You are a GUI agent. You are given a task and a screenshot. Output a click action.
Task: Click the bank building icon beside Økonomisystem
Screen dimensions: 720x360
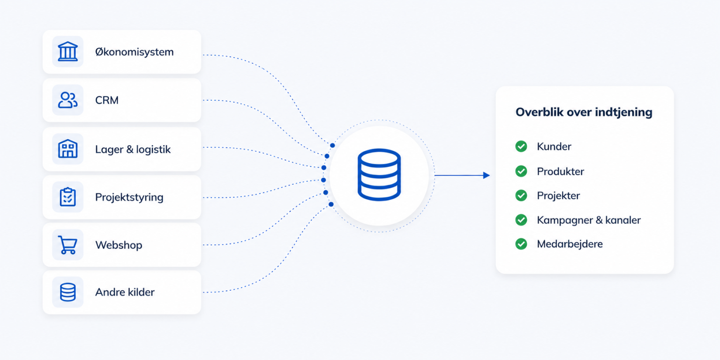tap(67, 52)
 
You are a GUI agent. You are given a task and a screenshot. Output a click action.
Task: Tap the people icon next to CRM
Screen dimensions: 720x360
tap(67, 100)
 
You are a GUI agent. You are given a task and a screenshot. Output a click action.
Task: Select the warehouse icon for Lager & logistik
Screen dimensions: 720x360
tap(67, 149)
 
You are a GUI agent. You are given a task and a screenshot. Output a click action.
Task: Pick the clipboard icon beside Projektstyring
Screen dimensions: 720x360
tap(67, 197)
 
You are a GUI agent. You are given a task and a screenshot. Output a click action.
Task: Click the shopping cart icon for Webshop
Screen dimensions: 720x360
tap(67, 245)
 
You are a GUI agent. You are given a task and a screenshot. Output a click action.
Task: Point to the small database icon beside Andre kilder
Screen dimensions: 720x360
tap(67, 292)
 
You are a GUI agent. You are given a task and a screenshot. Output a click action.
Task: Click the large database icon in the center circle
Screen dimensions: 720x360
tap(379, 175)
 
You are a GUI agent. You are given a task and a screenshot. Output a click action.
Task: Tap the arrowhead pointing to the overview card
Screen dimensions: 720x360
tap(486, 175)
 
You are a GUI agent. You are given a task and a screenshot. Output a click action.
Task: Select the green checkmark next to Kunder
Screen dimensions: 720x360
tap(521, 146)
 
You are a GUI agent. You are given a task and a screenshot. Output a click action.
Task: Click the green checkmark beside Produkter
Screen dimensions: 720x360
tap(521, 171)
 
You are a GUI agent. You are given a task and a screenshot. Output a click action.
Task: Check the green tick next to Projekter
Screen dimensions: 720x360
tap(521, 195)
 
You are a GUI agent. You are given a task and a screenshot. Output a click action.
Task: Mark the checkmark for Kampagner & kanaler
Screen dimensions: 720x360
tap(521, 220)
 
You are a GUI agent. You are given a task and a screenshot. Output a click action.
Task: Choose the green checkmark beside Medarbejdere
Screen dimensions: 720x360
tap(521, 244)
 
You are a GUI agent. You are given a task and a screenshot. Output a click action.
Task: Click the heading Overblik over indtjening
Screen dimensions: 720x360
tap(584, 112)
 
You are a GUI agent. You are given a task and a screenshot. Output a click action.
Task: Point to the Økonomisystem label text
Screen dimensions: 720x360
tap(135, 52)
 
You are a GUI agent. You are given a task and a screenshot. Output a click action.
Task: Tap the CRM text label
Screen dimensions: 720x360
tap(107, 100)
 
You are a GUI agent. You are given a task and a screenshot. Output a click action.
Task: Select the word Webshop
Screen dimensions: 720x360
tap(119, 245)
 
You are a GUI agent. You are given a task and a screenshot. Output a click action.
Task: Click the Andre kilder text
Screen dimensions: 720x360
tap(125, 292)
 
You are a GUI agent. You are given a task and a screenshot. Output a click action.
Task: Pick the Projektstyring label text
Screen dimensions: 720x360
tap(129, 197)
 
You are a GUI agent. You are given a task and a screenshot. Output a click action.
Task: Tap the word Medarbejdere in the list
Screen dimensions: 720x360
tap(570, 244)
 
